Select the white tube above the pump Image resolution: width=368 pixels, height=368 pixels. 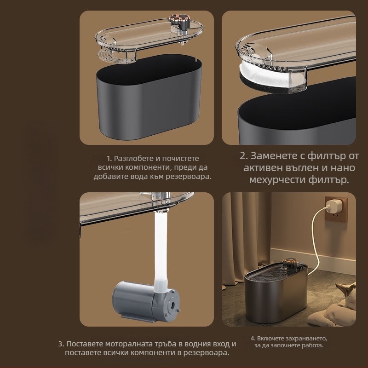[x=161, y=251]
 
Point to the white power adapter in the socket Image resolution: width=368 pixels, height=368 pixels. [x=332, y=206]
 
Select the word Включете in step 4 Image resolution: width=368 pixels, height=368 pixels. [x=268, y=339]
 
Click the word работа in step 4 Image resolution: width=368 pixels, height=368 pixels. [x=316, y=345]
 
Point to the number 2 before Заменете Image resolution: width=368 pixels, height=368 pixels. [x=243, y=156]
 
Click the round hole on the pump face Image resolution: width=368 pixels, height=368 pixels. [x=172, y=305]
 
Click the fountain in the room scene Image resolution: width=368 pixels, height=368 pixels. [x=276, y=291]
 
